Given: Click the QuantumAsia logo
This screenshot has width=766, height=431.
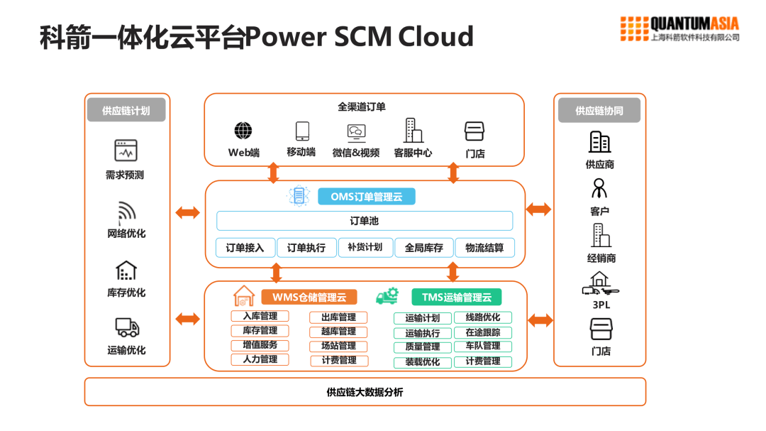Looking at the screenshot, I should [680, 29].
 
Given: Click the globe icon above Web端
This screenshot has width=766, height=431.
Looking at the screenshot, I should [243, 131].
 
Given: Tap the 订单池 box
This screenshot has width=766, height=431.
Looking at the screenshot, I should [365, 221].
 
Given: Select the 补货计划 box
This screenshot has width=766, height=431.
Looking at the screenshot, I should [365, 247].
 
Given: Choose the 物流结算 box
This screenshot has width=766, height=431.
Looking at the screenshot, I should [484, 248].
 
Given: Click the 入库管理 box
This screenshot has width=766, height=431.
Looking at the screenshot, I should [260, 316].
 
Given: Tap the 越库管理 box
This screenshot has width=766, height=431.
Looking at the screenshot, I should [338, 332].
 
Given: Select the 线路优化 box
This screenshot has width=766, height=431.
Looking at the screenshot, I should [482, 317].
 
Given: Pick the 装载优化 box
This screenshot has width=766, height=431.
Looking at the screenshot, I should [423, 362].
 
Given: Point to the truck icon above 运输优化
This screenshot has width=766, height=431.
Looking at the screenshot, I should [127, 327].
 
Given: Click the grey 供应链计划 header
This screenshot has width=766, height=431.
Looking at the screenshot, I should [126, 110].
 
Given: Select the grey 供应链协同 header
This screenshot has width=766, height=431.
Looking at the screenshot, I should [599, 110].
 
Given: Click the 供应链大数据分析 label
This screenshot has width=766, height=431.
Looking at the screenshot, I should [365, 392].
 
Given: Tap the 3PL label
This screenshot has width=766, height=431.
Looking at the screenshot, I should [600, 305].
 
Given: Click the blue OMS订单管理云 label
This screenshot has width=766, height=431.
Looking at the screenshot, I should [366, 197].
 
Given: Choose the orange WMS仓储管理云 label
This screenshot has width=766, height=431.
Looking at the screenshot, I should [309, 297].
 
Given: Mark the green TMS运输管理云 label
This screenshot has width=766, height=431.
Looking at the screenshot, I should [456, 297].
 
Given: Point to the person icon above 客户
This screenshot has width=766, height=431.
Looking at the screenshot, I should [600, 188].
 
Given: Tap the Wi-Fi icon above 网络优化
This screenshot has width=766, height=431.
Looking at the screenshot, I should [126, 212].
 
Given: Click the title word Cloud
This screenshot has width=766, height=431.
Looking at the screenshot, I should [435, 36].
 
